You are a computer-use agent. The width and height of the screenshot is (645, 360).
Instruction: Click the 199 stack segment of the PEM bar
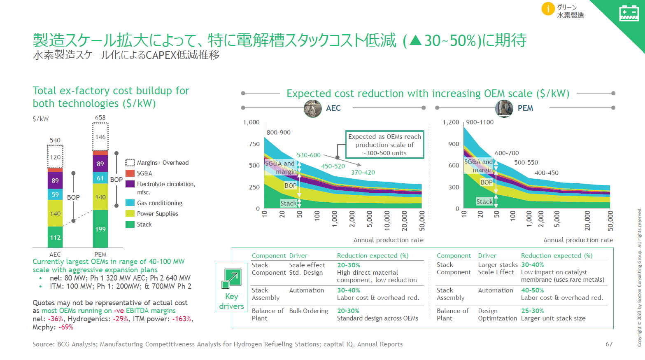click(100, 229)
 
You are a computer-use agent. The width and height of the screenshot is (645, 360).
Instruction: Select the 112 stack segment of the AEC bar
click(55, 237)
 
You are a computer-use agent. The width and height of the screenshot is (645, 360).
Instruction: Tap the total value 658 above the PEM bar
click(100, 118)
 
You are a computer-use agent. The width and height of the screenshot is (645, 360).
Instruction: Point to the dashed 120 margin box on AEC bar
click(55, 157)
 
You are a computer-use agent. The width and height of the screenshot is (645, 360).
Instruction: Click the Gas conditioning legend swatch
click(130, 203)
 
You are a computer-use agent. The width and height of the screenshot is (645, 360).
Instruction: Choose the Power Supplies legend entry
click(157, 214)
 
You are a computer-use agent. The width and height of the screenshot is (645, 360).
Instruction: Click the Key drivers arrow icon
click(231, 278)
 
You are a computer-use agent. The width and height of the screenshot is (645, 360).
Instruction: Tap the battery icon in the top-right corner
click(629, 13)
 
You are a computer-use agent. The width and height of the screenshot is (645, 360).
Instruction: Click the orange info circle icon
click(548, 9)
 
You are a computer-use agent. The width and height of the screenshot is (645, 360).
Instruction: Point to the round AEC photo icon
click(313, 108)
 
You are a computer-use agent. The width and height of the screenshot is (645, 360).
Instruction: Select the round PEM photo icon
click(504, 108)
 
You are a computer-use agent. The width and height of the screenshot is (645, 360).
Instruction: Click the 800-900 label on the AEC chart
click(279, 133)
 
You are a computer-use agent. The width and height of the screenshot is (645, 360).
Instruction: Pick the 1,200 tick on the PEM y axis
click(451, 122)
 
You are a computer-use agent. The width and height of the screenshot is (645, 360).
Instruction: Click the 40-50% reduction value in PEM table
click(532, 290)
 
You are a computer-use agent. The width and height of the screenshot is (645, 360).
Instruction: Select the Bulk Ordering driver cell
click(308, 311)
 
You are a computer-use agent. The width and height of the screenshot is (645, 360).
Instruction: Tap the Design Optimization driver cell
click(497, 315)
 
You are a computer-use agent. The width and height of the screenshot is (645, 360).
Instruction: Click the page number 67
click(609, 344)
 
